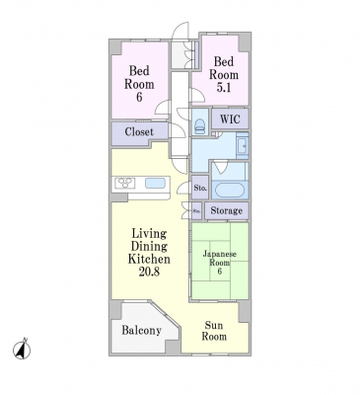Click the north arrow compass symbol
(x=22, y=350)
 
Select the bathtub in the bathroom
(x=230, y=190)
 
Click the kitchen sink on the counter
(x=155, y=183)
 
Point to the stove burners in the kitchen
(x=125, y=183)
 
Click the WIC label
(x=230, y=118)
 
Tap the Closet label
(x=139, y=132)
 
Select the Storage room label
(x=227, y=210)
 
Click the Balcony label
(x=142, y=330)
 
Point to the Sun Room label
(x=214, y=331)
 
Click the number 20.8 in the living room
(x=149, y=272)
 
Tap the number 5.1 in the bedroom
(x=224, y=88)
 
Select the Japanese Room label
(x=220, y=259)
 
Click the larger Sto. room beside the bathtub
(x=200, y=189)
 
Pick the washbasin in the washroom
(x=243, y=144)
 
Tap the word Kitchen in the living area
(x=149, y=259)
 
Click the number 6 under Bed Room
(x=139, y=98)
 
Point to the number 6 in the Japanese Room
(x=219, y=272)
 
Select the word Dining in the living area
(x=149, y=246)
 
